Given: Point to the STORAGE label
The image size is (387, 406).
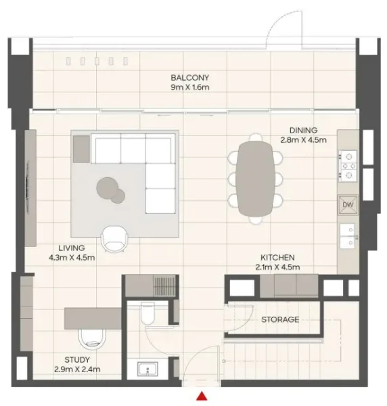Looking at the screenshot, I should pos(279,319).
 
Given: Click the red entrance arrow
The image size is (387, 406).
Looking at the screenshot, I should pos(202,397).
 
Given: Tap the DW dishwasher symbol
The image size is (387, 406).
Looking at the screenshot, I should pos(348,204).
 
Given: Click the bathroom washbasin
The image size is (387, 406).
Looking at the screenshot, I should pos(147,369).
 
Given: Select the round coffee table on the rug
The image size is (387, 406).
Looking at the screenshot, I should pos(110,187).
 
